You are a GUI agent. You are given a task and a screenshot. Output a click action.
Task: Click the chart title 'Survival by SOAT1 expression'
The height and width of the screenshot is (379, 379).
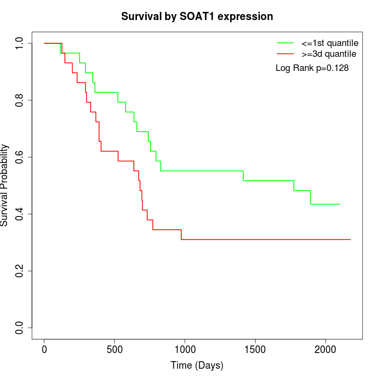pyautogui.click(x=197, y=17)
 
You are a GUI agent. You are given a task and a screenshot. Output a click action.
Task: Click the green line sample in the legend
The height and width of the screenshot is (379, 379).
pyautogui.click(x=285, y=42)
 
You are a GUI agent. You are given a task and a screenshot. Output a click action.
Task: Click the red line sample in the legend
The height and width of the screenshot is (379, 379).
pyautogui.click(x=285, y=54)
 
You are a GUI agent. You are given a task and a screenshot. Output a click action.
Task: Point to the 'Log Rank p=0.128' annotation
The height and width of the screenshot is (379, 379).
pyautogui.click(x=312, y=68)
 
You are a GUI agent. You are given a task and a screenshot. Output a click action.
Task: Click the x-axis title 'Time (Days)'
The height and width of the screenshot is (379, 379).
pyautogui.click(x=197, y=365)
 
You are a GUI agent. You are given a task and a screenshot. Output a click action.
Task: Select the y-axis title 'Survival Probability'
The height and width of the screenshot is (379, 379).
pyautogui.click(x=5, y=185)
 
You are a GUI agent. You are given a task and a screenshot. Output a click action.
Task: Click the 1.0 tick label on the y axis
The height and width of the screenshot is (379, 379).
pyautogui.click(x=20, y=43)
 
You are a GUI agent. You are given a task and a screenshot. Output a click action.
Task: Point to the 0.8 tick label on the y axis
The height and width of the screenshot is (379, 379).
pyautogui.click(x=20, y=100)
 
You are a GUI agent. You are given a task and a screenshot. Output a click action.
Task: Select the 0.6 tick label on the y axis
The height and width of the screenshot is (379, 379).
pyautogui.click(x=20, y=157)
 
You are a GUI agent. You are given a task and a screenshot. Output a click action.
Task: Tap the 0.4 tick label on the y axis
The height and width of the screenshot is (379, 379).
pyautogui.click(x=20, y=214)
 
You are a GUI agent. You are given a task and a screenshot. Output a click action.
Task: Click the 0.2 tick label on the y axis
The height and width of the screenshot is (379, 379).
pyautogui.click(x=20, y=271)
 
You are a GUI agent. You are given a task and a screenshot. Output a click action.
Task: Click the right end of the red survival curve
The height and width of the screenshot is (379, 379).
pyautogui.click(x=350, y=239)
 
